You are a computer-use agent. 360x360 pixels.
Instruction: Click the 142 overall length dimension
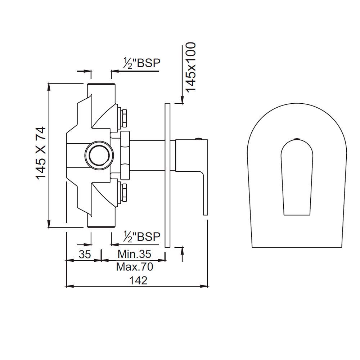[139, 280]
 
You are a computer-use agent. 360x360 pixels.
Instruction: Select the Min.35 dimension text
[134, 254]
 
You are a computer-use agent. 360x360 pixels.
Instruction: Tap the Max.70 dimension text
[135, 267]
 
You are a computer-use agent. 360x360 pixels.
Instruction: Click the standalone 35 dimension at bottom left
[84, 254]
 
